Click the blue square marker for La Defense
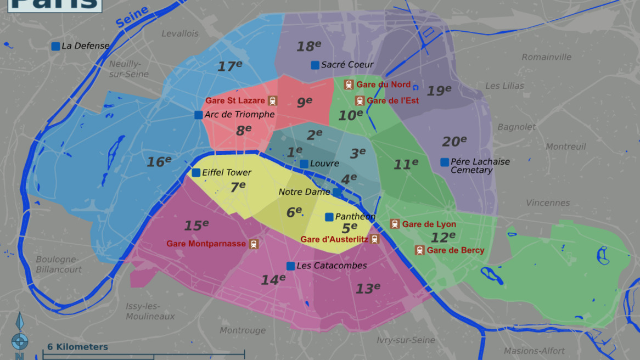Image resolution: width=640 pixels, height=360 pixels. click(x=55, y=47)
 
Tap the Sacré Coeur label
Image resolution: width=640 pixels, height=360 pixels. click(x=347, y=65)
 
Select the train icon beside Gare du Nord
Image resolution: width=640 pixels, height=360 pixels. click(x=349, y=85)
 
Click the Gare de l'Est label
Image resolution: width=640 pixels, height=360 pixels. click(x=392, y=100)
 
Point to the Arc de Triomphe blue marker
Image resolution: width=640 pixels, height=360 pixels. click(x=199, y=115)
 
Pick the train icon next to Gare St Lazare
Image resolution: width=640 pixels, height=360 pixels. click(x=273, y=100)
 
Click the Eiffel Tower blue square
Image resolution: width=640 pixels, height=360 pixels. click(x=196, y=173)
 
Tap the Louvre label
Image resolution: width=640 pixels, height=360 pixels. click(x=324, y=164)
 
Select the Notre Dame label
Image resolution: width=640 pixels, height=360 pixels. click(x=304, y=192)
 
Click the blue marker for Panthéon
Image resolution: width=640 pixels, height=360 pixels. click(x=329, y=217)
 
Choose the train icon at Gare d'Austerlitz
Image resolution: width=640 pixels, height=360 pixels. click(x=374, y=239)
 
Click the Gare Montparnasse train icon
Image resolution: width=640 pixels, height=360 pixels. click(x=254, y=244)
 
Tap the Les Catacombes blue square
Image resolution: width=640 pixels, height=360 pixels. click(x=290, y=266)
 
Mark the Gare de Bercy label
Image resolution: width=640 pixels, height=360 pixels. click(x=456, y=250)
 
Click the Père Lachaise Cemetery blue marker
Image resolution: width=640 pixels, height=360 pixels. click(x=445, y=162)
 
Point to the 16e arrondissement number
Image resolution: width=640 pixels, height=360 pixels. click(x=159, y=162)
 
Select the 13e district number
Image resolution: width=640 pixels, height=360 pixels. click(x=367, y=289)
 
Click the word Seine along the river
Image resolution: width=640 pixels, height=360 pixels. click(x=132, y=17)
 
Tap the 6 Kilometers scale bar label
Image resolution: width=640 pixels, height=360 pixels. click(x=77, y=347)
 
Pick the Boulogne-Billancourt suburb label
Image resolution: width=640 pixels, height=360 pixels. click(x=59, y=265)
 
